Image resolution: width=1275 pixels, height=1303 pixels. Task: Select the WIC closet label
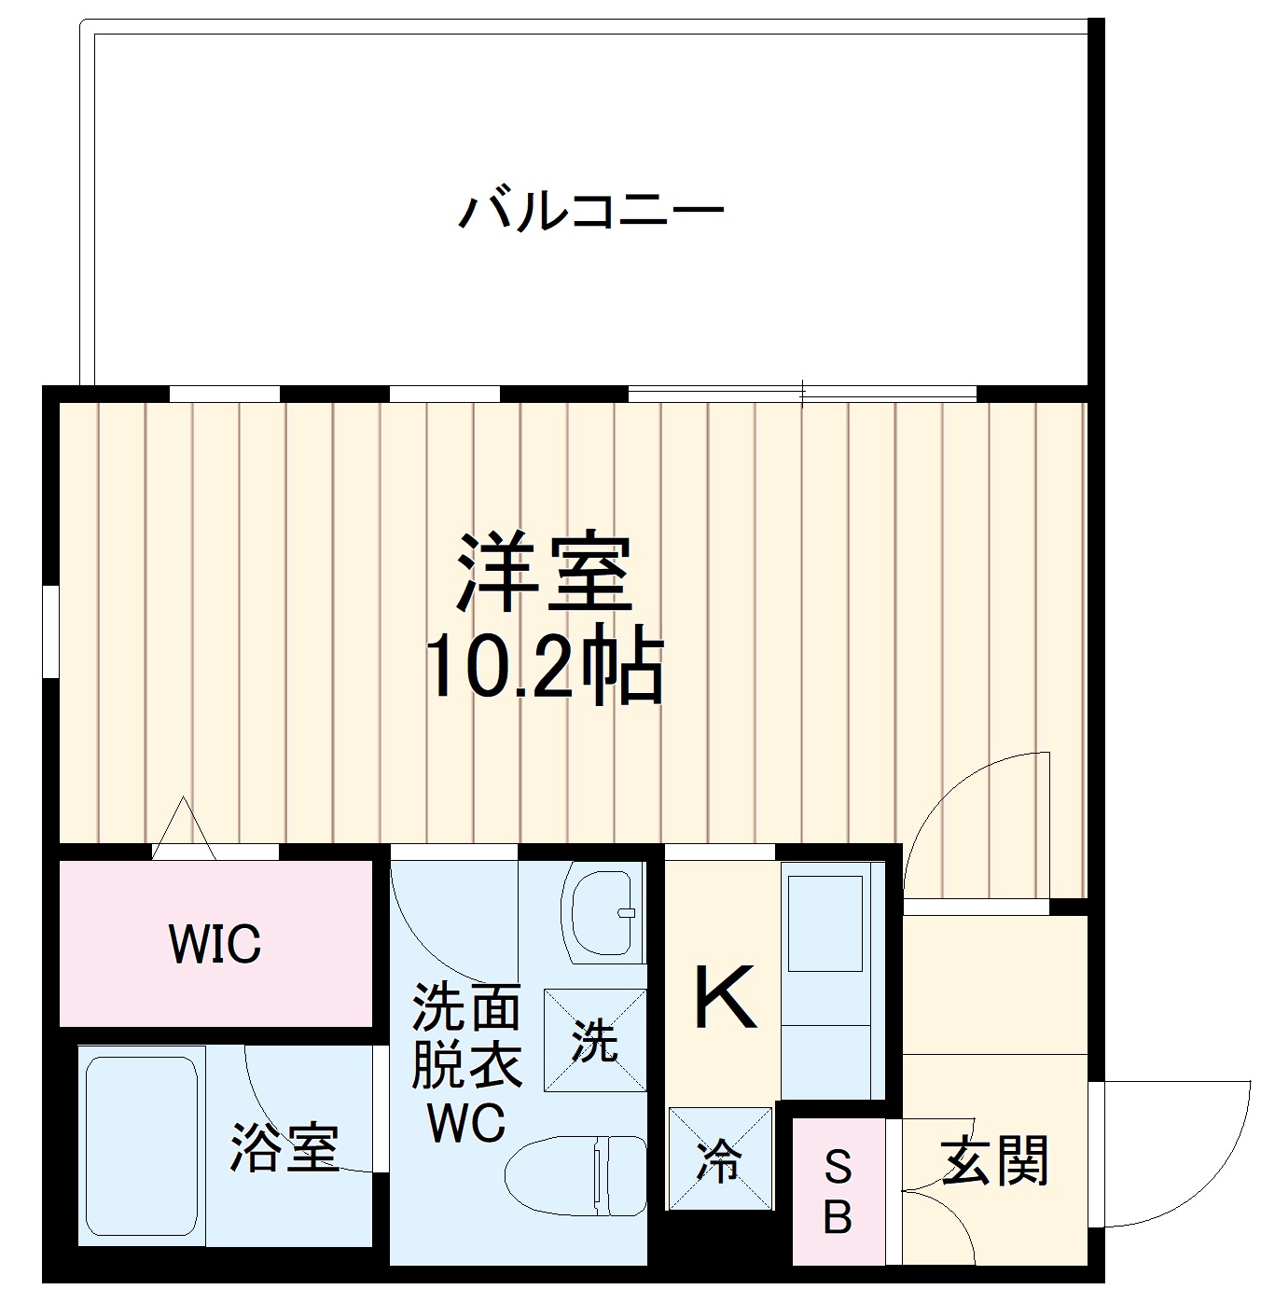tap(215, 944)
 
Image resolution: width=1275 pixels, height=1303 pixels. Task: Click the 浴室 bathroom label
tap(284, 1147)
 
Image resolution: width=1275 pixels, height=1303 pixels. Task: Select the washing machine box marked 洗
tap(595, 1040)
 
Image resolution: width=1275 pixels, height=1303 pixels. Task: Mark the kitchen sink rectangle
tap(825, 923)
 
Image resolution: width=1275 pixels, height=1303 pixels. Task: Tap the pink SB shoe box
tap(838, 1191)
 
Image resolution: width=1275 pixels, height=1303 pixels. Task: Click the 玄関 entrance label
tap(995, 1161)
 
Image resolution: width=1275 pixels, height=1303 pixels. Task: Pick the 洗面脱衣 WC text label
tap(466, 1063)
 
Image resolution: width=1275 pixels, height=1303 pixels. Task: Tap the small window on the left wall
tap(50, 631)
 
